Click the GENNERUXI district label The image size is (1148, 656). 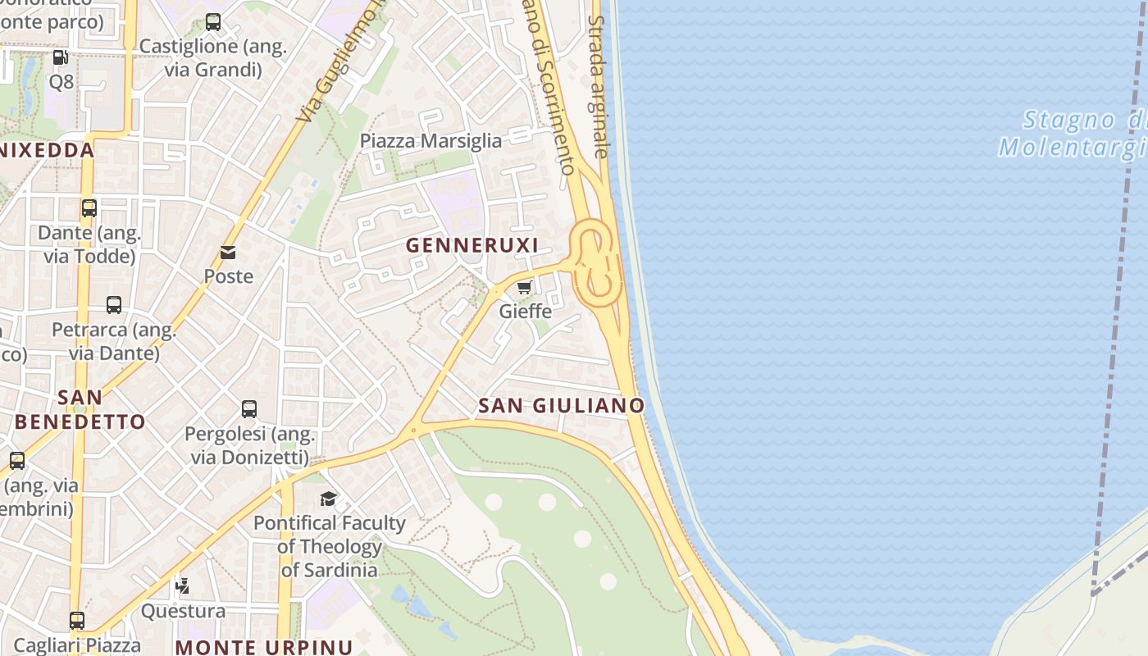pos(472,245)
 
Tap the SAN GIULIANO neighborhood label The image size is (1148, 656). pos(561,405)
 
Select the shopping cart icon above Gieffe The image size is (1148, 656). pos(525,287)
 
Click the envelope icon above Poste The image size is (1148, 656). pos(228,253)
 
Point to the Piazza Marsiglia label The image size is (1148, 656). pos(430,141)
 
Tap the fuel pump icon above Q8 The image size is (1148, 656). pos(60,57)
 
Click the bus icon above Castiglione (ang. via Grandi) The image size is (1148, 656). pos(213,22)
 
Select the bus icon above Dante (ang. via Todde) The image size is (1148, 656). pos(89,208)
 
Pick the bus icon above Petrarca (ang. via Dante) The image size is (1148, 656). pos(114,305)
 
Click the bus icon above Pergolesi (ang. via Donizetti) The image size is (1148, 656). pos(249,408)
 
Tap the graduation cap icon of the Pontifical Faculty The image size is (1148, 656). pos(329,499)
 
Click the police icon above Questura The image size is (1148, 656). pos(183,586)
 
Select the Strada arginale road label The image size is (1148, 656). pos(599,86)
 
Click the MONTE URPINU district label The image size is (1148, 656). pos(264,646)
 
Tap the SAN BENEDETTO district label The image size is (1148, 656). pos(80,410)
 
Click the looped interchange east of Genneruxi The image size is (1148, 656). pos(594,262)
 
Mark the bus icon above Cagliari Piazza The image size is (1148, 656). pos(77,621)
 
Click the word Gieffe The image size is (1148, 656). pos(525,312)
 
